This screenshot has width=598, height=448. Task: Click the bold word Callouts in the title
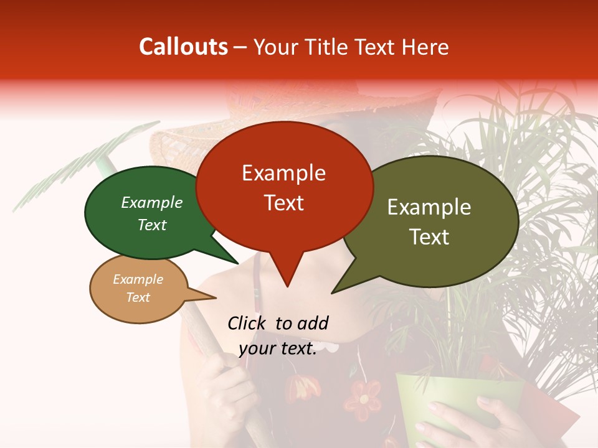pos(183,47)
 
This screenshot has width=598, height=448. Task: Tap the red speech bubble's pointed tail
pos(287,274)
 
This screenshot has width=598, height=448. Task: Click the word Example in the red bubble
pos(283,173)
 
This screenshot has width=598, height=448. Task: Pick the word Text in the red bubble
pos(283,203)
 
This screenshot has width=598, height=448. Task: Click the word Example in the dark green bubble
pos(152,202)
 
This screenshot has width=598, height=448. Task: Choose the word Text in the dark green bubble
pos(152,225)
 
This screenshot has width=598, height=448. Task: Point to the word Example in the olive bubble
pos(429,207)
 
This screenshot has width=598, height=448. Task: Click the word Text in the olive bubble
pos(430,237)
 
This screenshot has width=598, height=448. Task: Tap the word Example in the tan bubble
pos(138,279)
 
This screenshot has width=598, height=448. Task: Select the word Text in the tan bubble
pos(138,297)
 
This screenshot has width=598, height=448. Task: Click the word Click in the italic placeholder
pos(248,323)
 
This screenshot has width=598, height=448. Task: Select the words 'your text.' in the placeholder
pos(278,349)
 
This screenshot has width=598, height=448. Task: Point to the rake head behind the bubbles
pos(75,168)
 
